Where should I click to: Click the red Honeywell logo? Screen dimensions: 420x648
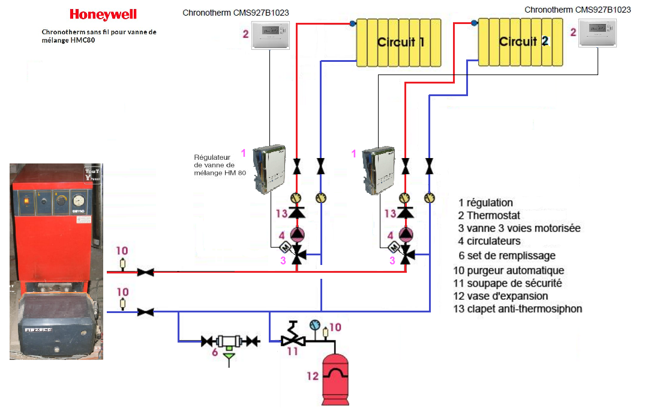(x=103, y=14)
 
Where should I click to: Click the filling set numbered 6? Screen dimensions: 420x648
(x=229, y=342)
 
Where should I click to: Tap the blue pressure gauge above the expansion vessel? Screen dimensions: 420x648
(x=314, y=324)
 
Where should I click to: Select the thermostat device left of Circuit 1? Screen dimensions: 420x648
(x=270, y=35)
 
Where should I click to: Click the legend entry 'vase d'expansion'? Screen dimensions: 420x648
(x=501, y=296)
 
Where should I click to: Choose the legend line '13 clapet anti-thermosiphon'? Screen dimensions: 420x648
(x=518, y=309)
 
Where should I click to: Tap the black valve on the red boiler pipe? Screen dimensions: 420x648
(x=145, y=272)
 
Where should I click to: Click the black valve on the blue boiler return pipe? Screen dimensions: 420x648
(x=145, y=312)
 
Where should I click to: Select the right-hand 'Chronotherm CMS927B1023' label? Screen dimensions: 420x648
(x=577, y=10)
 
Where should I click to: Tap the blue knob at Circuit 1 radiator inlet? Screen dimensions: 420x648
(x=353, y=23)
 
